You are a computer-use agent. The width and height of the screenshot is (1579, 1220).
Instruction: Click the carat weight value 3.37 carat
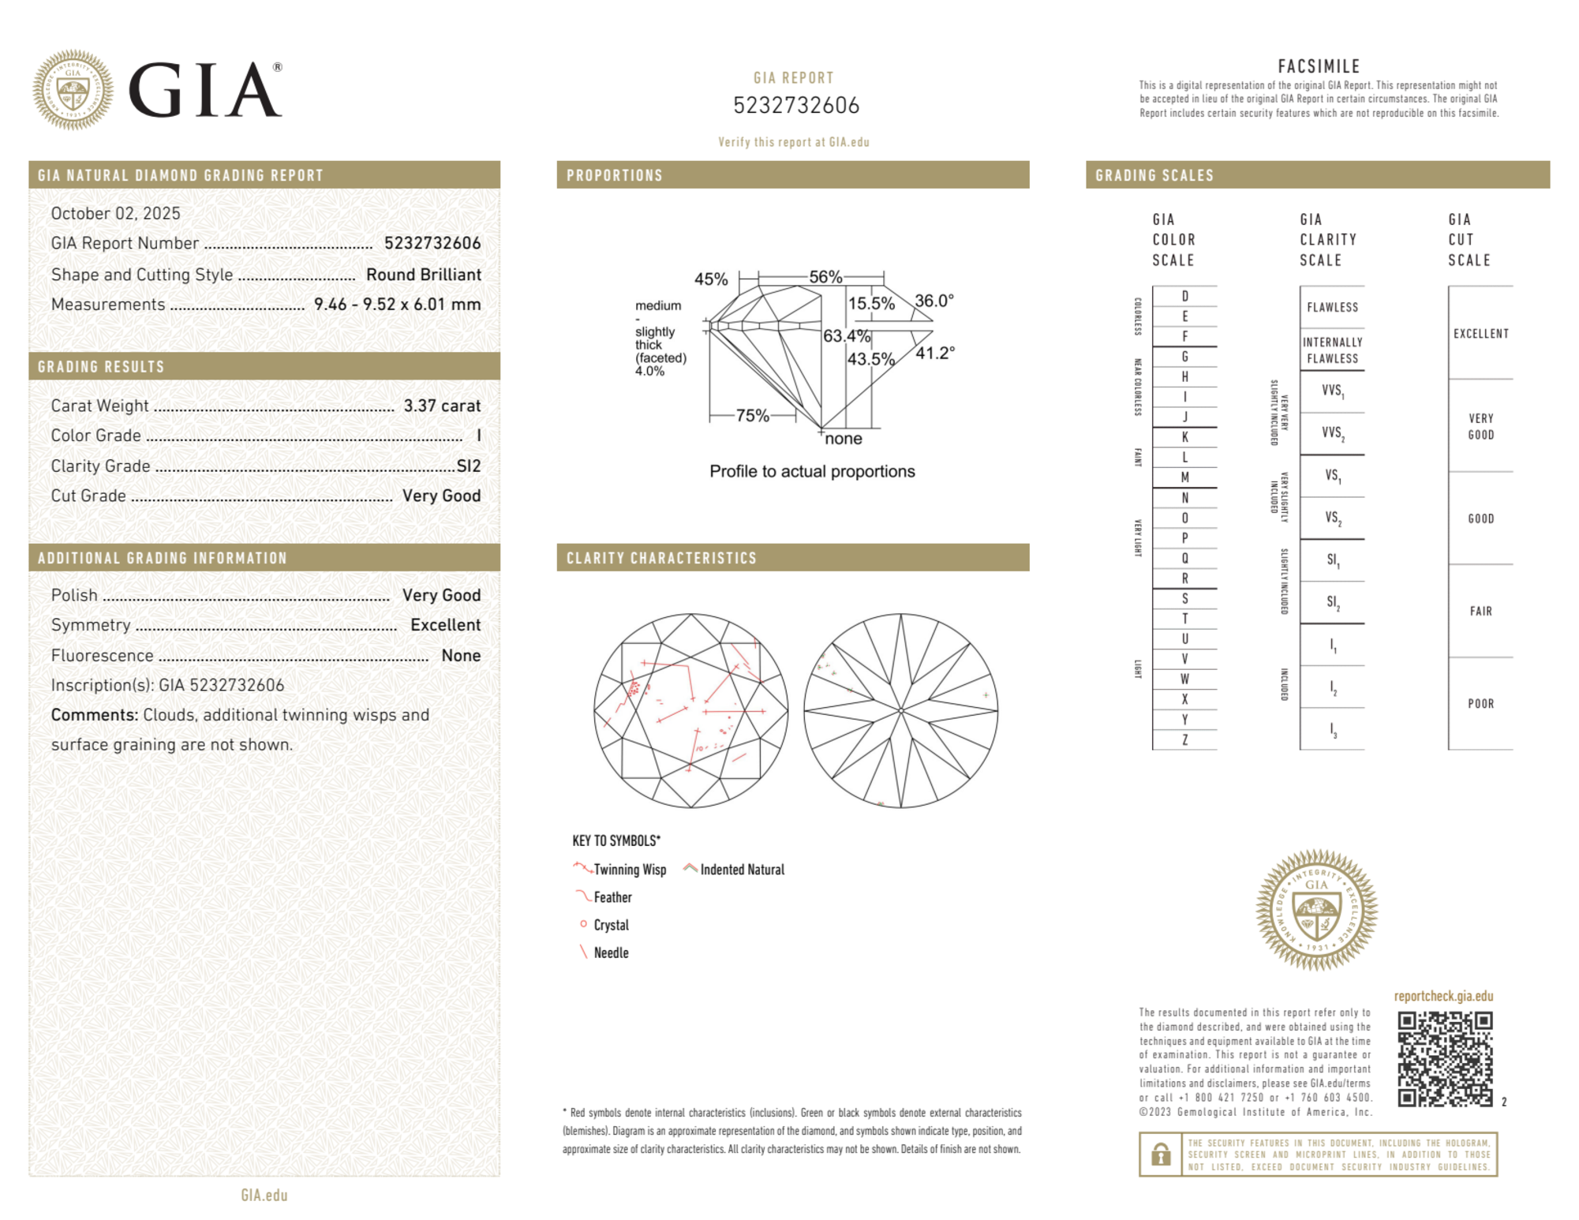442,406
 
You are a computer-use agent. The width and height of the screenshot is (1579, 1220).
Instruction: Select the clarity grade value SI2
469,466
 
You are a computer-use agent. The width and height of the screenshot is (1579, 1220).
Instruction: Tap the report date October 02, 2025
115,213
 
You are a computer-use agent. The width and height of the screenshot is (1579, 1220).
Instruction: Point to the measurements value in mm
397,305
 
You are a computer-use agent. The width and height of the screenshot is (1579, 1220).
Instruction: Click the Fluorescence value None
461,655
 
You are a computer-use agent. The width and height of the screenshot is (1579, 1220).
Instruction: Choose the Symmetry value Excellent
445,625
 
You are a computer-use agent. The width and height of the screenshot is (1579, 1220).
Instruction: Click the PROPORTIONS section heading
615,175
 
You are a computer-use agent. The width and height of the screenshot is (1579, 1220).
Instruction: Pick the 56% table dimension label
825,277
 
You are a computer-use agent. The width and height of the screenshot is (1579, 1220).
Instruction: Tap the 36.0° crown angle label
934,301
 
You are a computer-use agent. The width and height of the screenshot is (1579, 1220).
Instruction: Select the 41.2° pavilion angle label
935,353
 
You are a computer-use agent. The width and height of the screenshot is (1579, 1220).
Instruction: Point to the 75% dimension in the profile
752,415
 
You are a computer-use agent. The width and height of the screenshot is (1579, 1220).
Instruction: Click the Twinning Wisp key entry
630,870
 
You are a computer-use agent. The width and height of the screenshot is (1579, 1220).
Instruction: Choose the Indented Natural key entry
742,870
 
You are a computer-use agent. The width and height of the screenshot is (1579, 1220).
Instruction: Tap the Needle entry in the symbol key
611,952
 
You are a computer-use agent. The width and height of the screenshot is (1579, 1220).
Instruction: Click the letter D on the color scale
1184,296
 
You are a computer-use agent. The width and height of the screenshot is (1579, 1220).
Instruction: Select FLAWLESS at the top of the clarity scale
1332,307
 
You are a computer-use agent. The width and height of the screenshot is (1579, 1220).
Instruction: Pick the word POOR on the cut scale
1480,703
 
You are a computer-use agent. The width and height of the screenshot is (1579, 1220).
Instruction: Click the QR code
1445,1059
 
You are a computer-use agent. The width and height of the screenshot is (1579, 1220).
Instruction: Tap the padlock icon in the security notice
1160,1155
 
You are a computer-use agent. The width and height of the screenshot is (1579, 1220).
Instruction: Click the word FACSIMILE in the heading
1319,66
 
